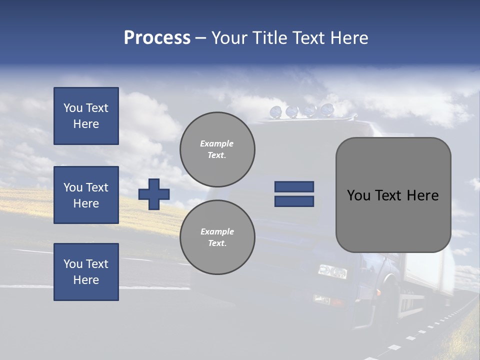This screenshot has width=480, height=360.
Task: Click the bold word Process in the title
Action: (x=157, y=38)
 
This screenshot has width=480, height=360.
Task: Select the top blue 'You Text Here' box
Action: (x=86, y=116)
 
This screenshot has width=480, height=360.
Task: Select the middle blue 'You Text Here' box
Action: (x=86, y=195)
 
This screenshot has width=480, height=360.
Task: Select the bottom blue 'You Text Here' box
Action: (x=86, y=271)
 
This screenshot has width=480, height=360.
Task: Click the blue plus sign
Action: (x=154, y=194)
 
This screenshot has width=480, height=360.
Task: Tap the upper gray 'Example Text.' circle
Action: (x=217, y=149)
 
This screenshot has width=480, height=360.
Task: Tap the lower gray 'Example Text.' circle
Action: (x=217, y=237)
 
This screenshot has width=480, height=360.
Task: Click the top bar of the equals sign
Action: (x=294, y=186)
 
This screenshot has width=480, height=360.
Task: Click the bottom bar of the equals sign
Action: (x=294, y=201)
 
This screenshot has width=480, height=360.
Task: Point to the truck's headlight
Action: (x=332, y=271)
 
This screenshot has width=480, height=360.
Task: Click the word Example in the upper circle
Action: (x=217, y=143)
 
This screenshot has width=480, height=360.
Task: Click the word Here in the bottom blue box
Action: (x=86, y=280)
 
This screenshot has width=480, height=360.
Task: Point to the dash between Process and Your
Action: (x=200, y=38)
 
